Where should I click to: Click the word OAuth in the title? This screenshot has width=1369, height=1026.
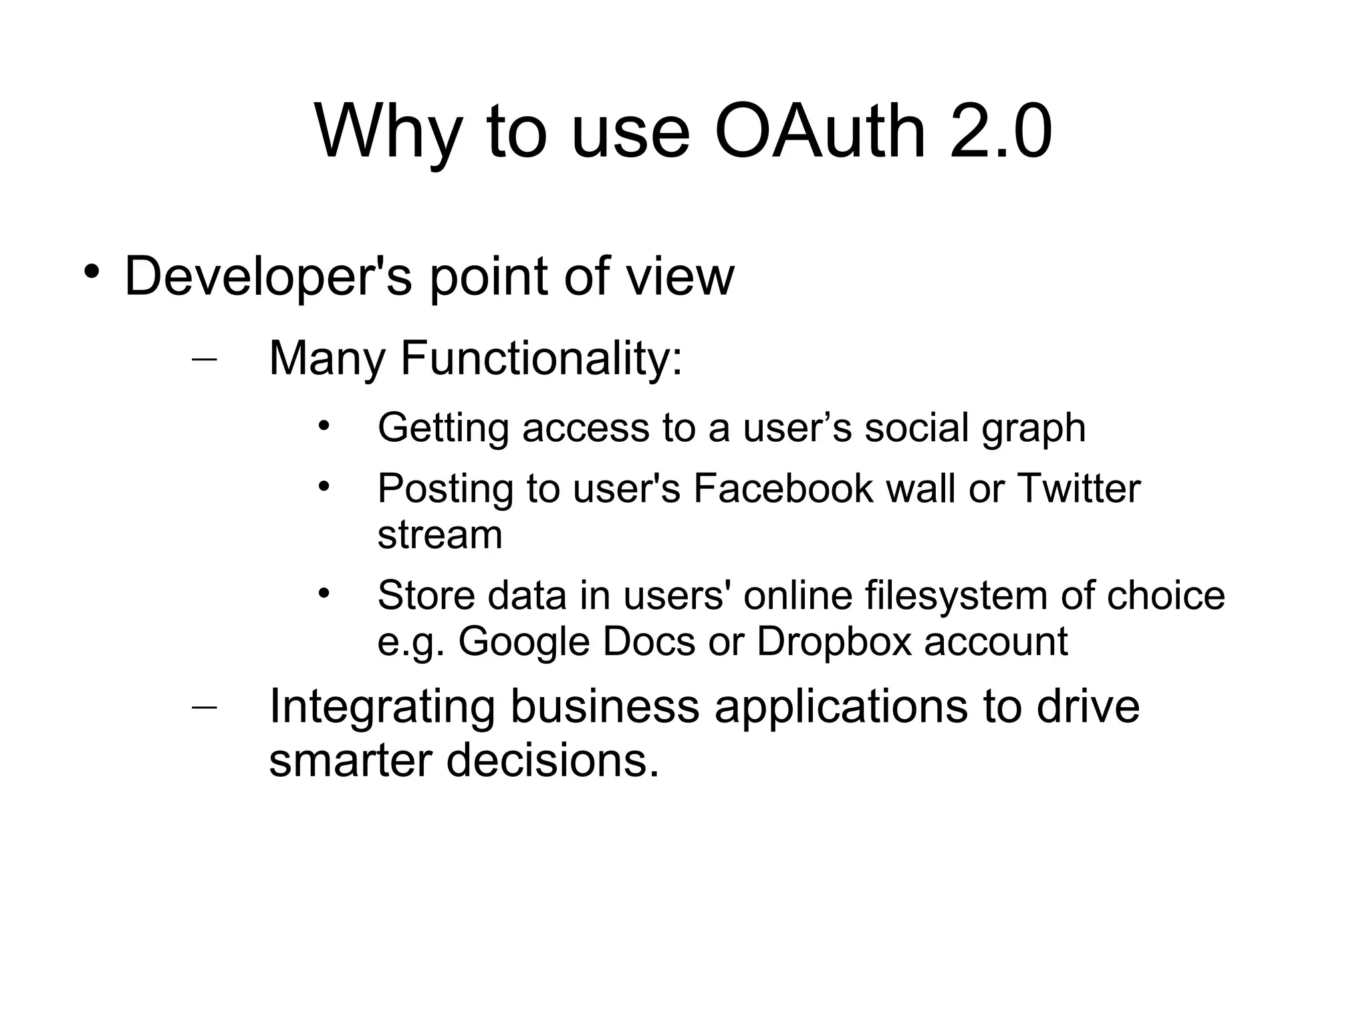(x=821, y=132)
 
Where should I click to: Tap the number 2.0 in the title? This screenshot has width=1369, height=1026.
(x=1001, y=132)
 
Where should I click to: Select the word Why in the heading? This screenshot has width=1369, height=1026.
(x=388, y=132)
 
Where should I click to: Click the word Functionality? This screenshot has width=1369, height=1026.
(x=541, y=359)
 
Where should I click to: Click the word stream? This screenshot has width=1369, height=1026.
(x=440, y=535)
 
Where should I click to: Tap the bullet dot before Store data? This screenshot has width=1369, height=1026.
(x=324, y=592)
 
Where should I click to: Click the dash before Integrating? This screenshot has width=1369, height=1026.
(x=204, y=707)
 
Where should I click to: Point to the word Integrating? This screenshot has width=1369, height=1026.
(x=382, y=707)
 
